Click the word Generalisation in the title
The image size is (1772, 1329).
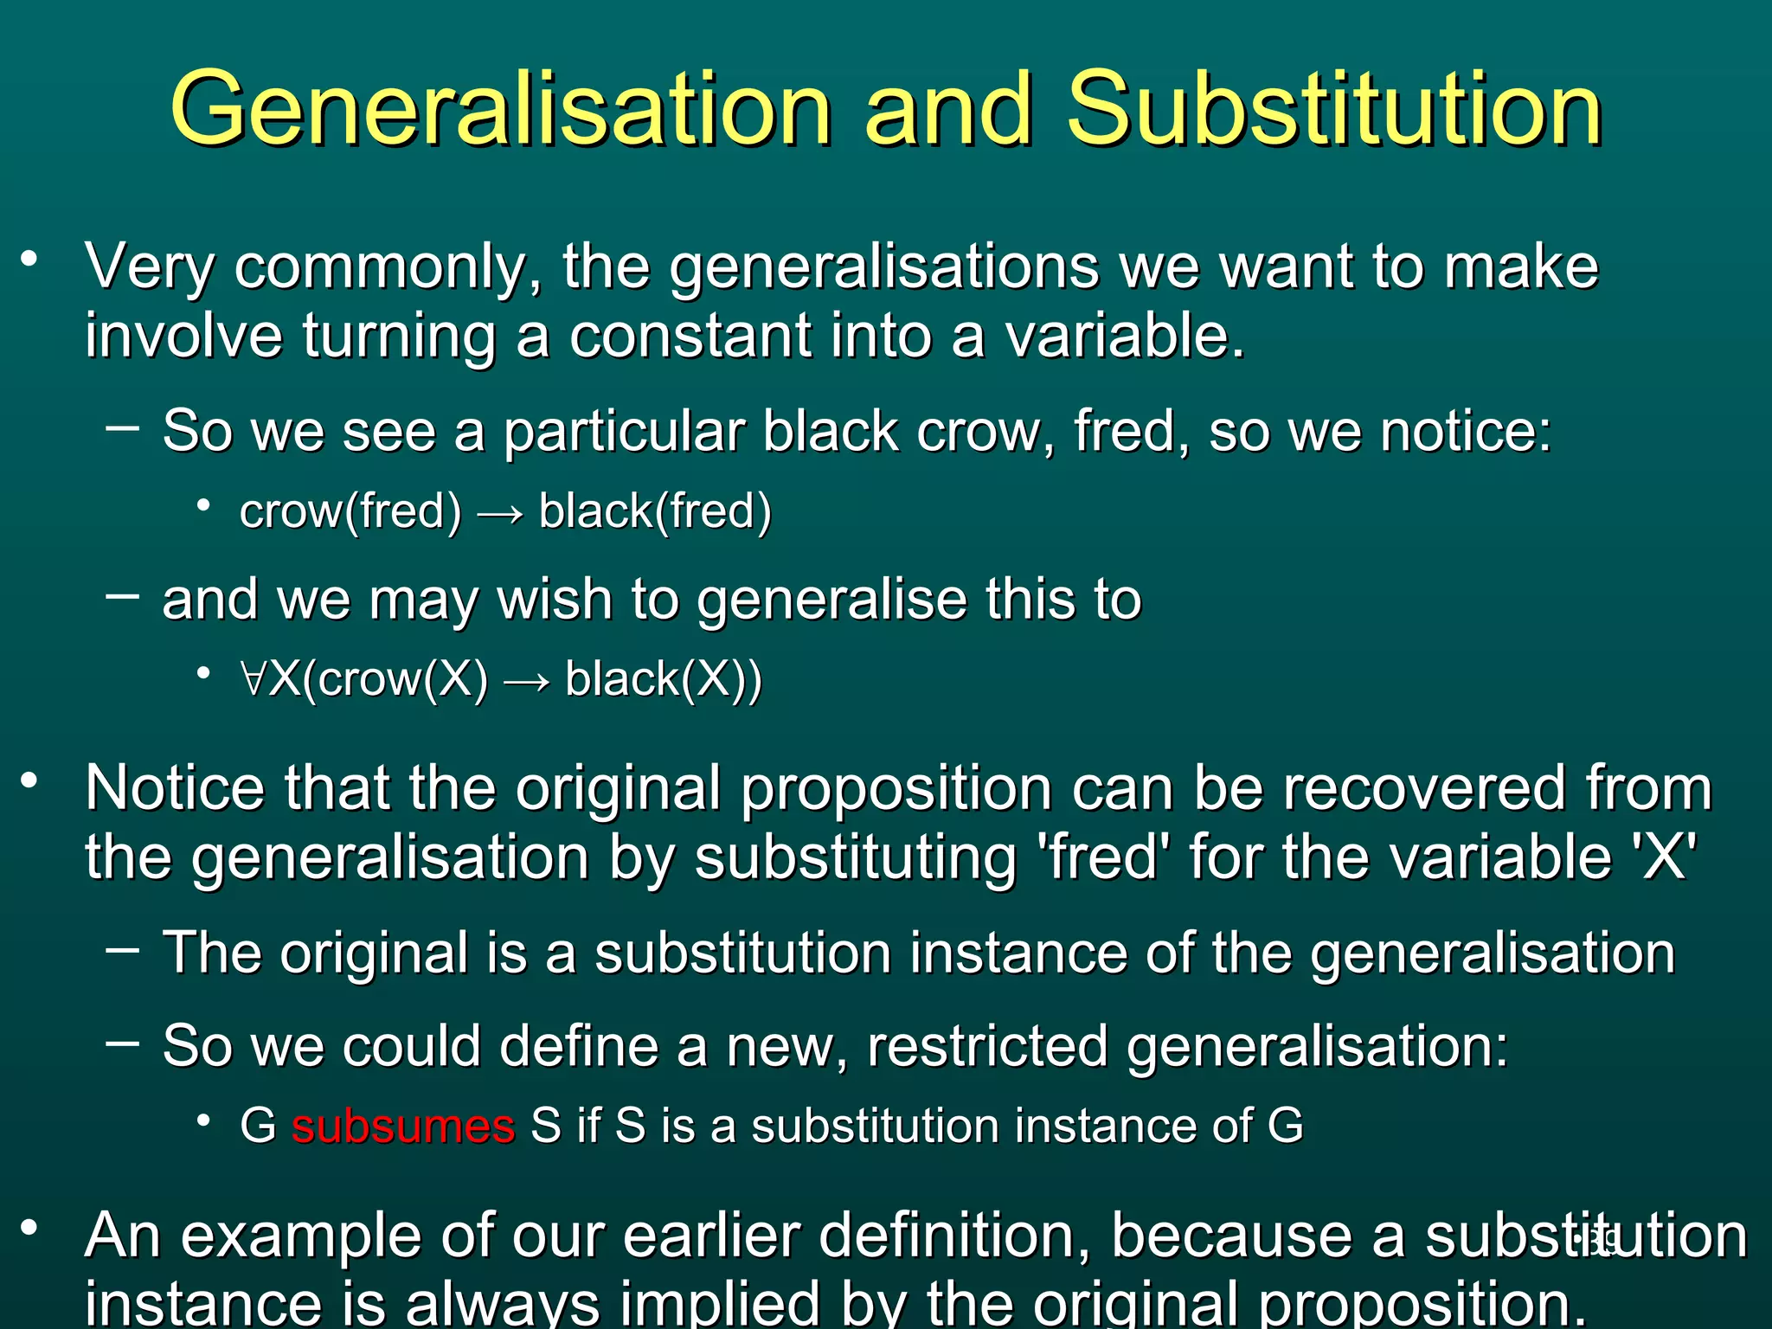[x=500, y=111]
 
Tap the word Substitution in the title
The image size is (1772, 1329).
[x=1334, y=111]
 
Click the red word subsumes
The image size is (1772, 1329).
[x=403, y=1127]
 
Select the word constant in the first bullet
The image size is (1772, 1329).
[x=690, y=336]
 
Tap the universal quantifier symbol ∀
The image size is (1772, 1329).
[x=254, y=679]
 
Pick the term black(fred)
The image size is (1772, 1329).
[x=655, y=511]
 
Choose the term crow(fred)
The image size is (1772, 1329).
[x=350, y=511]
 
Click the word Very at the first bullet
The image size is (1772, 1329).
[x=149, y=266]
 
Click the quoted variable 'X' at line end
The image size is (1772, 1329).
[x=1663, y=857]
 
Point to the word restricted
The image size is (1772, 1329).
[x=987, y=1046]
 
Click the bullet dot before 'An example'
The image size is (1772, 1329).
[x=30, y=1227]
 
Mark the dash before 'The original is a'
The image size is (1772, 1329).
[x=122, y=950]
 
